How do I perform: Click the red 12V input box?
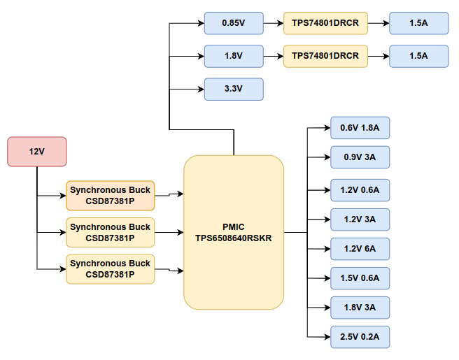[36, 152]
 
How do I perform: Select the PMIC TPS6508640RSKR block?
[234, 232]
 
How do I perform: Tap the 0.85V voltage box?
[233, 23]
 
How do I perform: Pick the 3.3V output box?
[233, 89]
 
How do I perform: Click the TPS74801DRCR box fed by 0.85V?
[325, 23]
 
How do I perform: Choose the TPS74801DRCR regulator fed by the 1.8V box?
[325, 56]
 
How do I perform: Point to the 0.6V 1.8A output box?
[360, 128]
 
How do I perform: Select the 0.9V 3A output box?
[360, 157]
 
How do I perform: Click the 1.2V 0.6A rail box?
[360, 190]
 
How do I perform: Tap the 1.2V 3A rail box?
[360, 219]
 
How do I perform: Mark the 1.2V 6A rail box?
[360, 249]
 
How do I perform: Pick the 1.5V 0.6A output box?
[360, 278]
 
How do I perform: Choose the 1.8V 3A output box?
[360, 308]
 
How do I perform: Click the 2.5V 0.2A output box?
[360, 337]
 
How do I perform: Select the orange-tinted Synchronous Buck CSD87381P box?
[110, 196]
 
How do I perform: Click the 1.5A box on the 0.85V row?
[418, 23]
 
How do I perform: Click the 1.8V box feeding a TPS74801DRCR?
[233, 56]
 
